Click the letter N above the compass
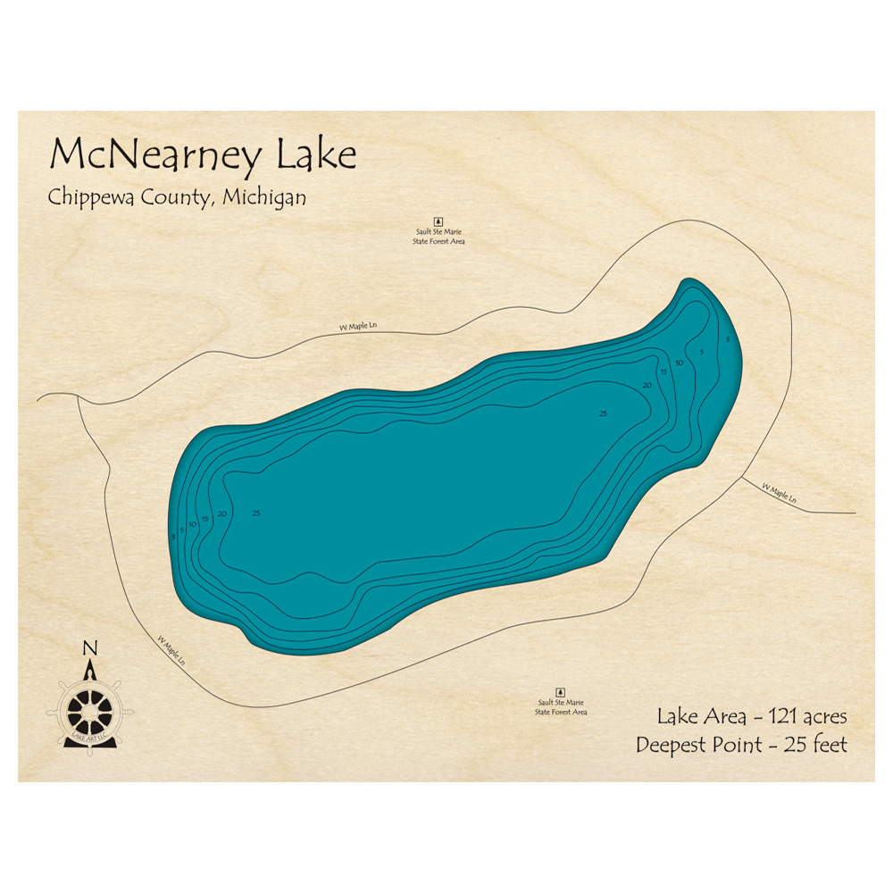88,649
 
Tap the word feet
828,744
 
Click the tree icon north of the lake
438,221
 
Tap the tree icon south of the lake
561,692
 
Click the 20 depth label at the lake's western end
221,513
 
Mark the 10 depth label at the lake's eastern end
680,363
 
